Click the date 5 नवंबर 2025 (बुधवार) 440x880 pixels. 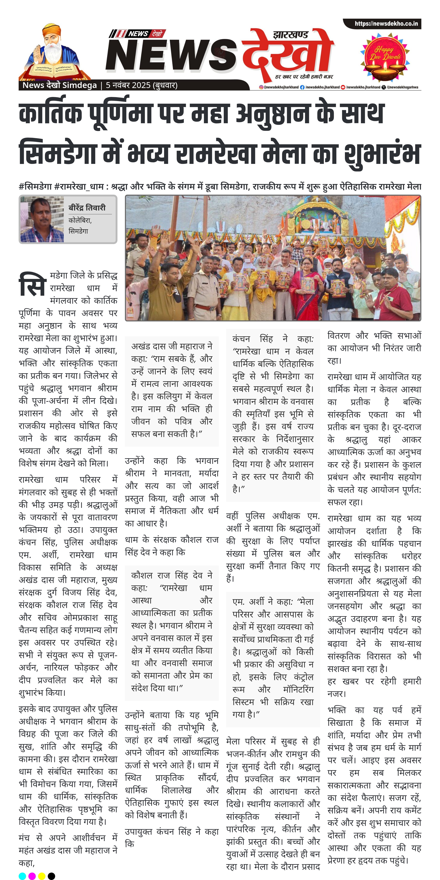[x=142, y=85]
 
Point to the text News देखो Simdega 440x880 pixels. [x=59, y=85]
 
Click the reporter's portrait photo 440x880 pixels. [x=42, y=219]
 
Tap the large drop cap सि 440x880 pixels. [x=32, y=284]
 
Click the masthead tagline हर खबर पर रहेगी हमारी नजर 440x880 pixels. [x=304, y=76]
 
